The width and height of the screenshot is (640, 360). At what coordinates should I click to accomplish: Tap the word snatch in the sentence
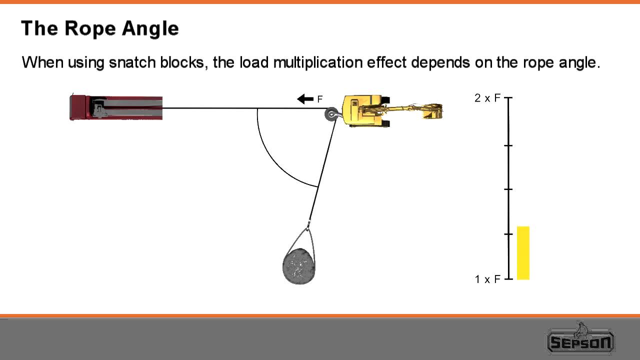point(132,63)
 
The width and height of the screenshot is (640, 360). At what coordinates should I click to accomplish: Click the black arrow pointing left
point(305,99)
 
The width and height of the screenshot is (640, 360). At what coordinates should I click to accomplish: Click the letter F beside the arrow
point(320,99)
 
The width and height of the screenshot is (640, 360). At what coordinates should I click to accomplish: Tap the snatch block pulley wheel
point(331,114)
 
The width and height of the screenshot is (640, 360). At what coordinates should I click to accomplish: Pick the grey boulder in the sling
point(299,266)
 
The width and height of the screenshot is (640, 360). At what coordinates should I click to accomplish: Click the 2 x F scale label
point(487,98)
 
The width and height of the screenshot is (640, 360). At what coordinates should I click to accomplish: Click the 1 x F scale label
point(487,279)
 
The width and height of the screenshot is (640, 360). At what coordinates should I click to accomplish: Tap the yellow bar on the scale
point(523,252)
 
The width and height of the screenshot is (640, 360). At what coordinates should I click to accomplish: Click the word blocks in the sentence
point(183,63)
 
